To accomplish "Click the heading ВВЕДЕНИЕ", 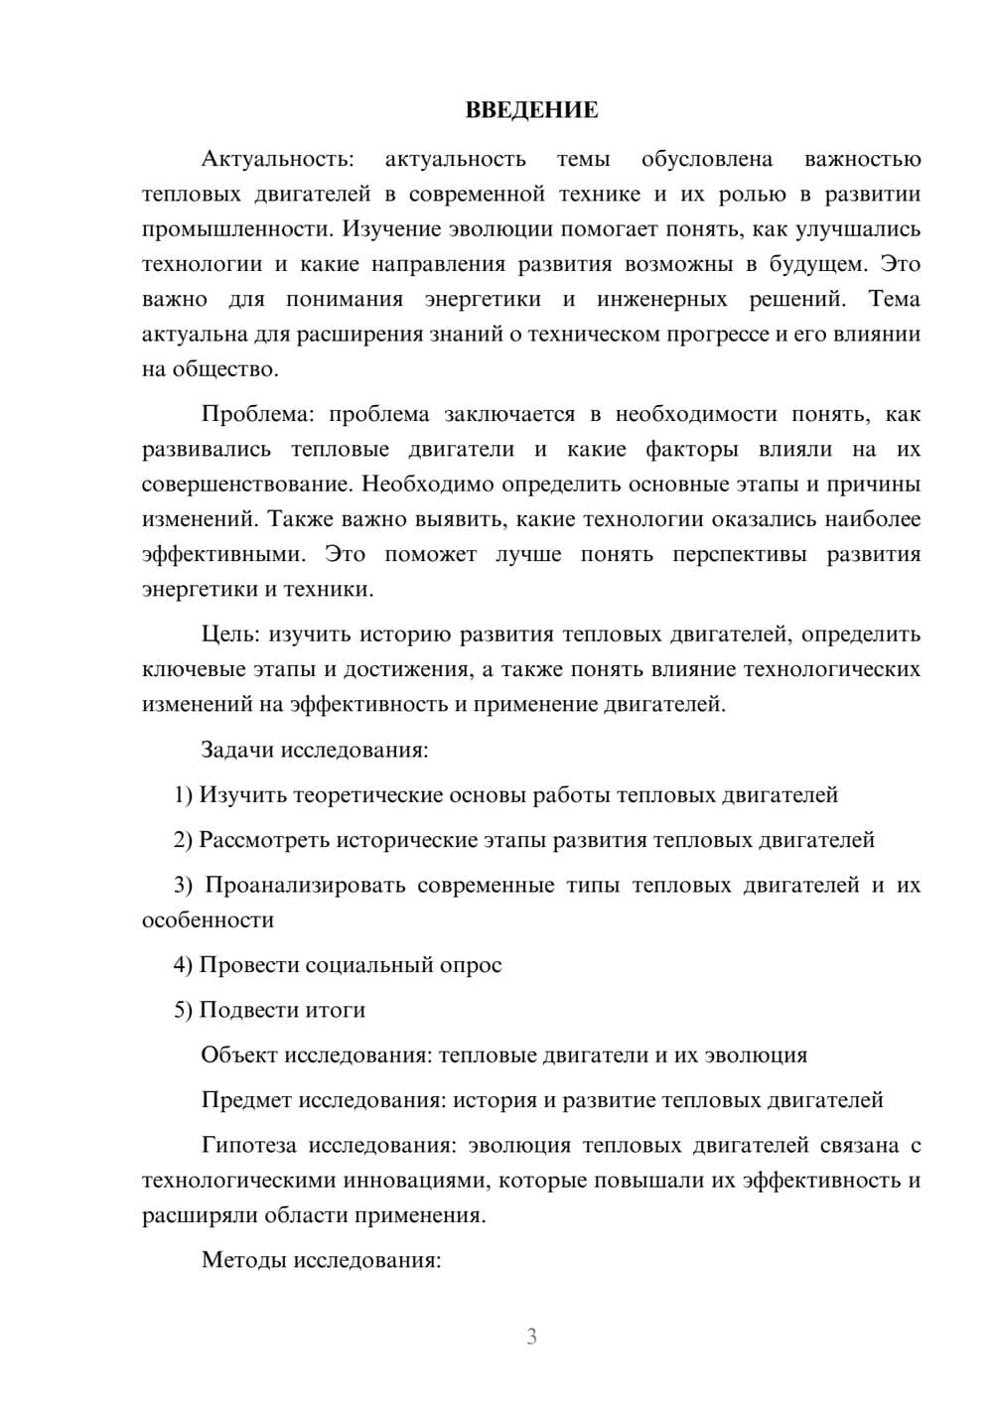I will click(x=531, y=110).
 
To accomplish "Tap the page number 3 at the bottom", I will click(x=531, y=1336).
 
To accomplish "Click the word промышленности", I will click(x=238, y=229).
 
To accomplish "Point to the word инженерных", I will click(x=661, y=299).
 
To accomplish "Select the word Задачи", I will click(x=237, y=749).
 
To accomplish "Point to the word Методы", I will click(x=238, y=1261).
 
